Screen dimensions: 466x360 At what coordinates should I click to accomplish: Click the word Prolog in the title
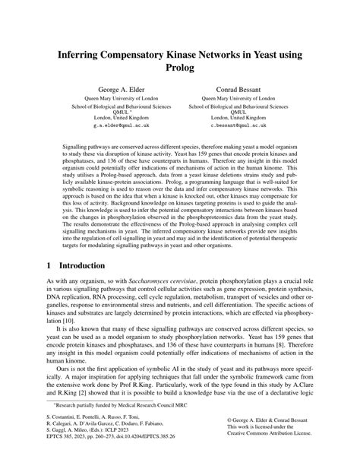[x=179, y=69]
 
